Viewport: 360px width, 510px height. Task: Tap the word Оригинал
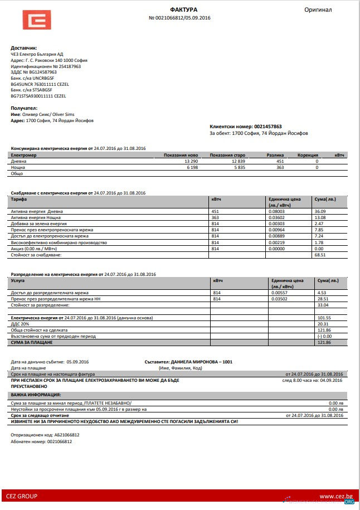pyautogui.click(x=318, y=10)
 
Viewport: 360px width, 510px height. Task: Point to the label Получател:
pyautogui.click(x=24, y=108)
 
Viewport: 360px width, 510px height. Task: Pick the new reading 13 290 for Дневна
pyautogui.click(x=191, y=161)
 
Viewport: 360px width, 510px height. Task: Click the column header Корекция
pyautogui.click(x=307, y=154)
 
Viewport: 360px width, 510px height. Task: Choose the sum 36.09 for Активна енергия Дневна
pyautogui.click(x=320, y=211)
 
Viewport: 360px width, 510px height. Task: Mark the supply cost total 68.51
pyautogui.click(x=320, y=255)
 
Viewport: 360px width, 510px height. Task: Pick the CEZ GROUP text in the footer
pyautogui.click(x=22, y=496)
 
